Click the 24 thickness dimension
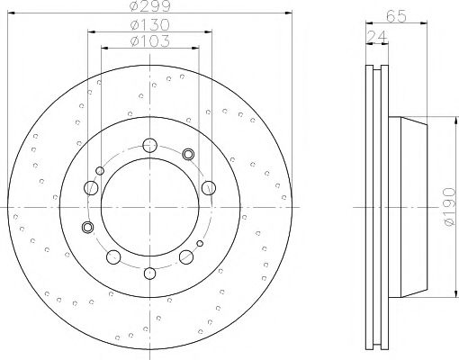(373, 36)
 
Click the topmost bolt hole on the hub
(149, 142)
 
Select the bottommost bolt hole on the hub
(149, 271)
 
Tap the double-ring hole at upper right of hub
(188, 154)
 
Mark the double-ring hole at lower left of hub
(87, 226)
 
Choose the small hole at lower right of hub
(200, 243)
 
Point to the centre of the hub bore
(149, 206)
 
